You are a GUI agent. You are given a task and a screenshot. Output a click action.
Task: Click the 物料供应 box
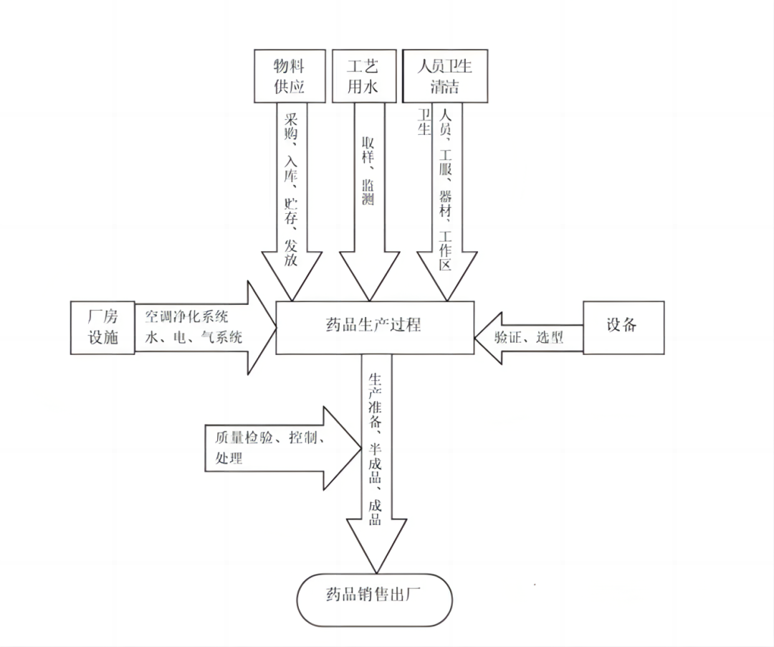(x=290, y=77)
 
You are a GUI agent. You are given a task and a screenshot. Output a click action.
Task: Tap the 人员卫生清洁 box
(x=445, y=77)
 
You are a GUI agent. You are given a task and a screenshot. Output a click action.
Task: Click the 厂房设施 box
(x=103, y=328)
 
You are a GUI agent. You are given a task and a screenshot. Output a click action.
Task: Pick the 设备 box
(x=623, y=327)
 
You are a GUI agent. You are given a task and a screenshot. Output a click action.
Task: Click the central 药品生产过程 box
(x=375, y=327)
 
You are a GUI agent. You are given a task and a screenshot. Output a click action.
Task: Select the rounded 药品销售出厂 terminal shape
(x=374, y=599)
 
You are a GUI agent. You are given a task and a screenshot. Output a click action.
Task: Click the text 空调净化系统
(x=187, y=316)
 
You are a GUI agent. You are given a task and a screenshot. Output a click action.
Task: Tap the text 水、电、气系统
(x=194, y=338)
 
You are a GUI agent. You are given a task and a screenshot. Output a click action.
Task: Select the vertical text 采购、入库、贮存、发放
(x=291, y=189)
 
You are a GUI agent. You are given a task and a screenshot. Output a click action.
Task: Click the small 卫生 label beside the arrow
(x=424, y=123)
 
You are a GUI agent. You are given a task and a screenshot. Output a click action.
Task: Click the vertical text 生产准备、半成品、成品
(x=374, y=448)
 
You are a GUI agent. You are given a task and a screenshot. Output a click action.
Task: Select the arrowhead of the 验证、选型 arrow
(x=487, y=337)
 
